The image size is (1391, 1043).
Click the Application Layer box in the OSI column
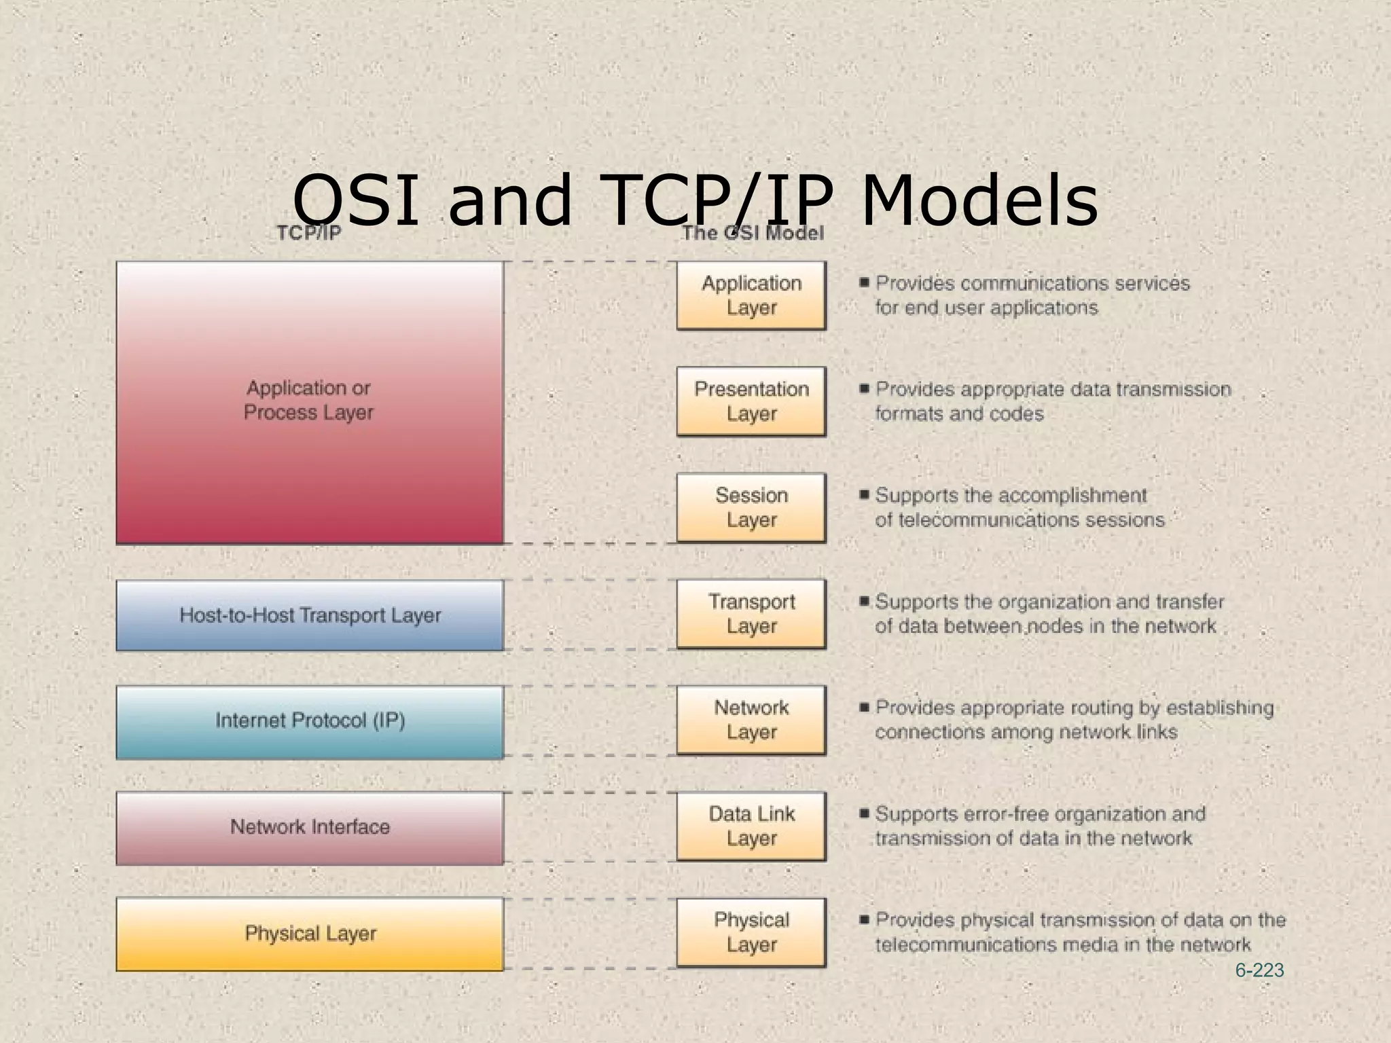click(751, 295)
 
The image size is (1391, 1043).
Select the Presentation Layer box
click(751, 401)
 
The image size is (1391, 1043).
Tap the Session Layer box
click(751, 507)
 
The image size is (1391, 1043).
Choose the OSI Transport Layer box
click(751, 614)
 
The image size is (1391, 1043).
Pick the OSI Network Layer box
click(751, 720)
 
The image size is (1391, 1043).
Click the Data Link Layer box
click(751, 826)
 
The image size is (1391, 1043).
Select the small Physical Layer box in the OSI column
click(751, 932)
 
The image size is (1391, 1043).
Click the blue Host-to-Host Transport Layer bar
click(310, 615)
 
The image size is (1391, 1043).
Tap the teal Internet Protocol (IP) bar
click(310, 721)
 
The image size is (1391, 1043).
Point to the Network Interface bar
click(310, 827)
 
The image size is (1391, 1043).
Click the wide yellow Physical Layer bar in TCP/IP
click(310, 934)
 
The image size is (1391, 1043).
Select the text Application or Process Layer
click(308, 400)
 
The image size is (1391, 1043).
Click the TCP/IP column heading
click(308, 234)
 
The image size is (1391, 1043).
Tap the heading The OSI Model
click(753, 234)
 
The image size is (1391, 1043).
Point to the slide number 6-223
click(1259, 970)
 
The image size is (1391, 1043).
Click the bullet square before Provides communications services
click(864, 282)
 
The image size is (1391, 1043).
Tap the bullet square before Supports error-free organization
click(864, 813)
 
